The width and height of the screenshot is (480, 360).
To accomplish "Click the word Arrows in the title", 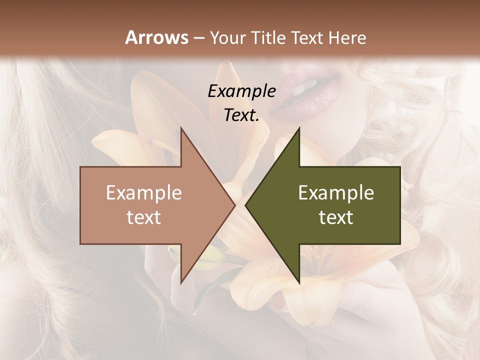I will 156,37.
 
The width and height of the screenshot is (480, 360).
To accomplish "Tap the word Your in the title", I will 227,38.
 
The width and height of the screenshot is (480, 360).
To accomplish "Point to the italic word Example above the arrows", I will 241,91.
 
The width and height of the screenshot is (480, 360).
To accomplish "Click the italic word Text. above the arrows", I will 241,115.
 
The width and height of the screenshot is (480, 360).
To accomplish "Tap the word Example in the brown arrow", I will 143,193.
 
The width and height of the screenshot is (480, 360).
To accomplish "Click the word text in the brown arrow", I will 143,217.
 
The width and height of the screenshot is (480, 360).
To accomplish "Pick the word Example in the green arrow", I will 336,193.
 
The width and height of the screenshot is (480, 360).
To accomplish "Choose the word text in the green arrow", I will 336,217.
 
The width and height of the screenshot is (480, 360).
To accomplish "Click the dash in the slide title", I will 198,38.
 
